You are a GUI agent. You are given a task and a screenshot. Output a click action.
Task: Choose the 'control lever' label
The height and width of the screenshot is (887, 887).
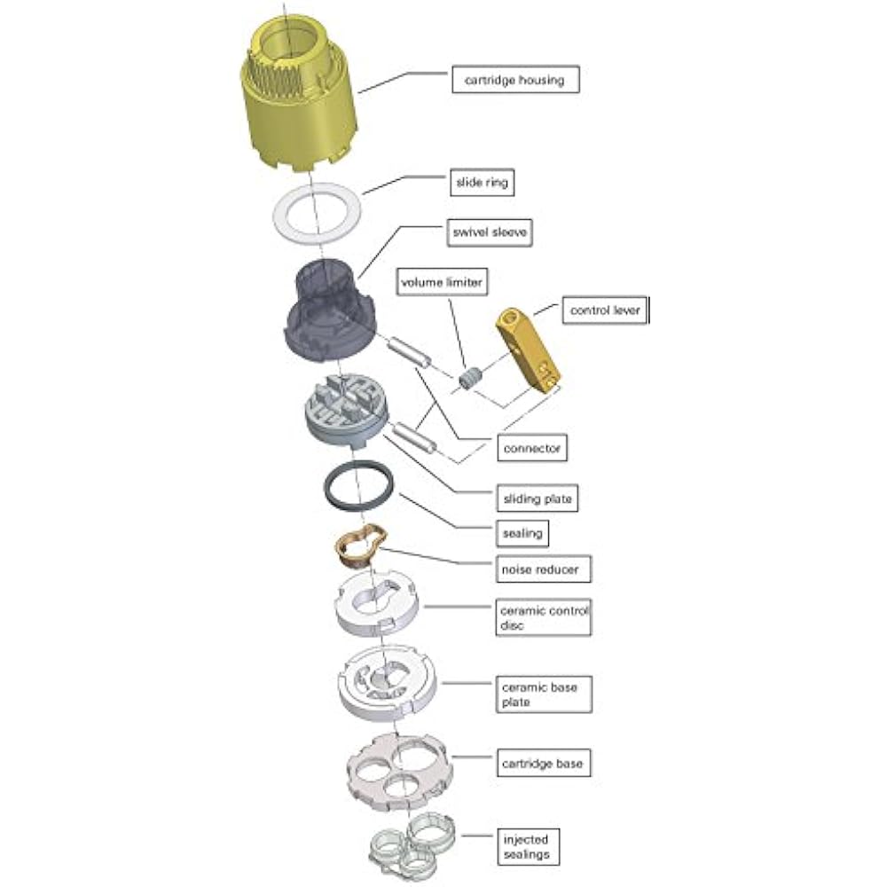[604, 311]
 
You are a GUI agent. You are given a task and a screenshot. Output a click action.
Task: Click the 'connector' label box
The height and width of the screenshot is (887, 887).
[531, 448]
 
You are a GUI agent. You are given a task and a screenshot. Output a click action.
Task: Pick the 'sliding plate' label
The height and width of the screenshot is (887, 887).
[537, 498]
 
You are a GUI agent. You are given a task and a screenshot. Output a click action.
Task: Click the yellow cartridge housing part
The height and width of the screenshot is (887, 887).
[299, 98]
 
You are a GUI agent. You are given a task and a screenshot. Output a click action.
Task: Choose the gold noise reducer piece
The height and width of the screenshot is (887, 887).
[360, 546]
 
